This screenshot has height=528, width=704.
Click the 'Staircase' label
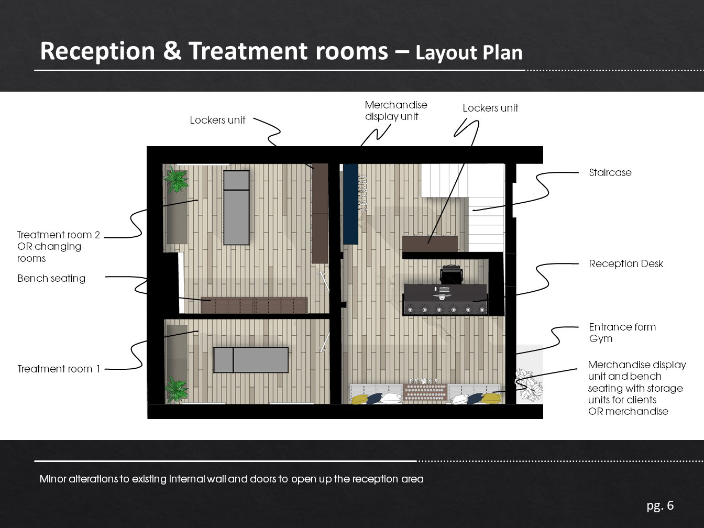(610, 172)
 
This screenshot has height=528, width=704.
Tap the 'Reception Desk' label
(626, 263)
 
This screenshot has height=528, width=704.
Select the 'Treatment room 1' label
(59, 369)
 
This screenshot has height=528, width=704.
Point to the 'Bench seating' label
(51, 278)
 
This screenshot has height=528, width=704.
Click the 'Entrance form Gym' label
(622, 333)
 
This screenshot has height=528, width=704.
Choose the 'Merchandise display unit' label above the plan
(396, 111)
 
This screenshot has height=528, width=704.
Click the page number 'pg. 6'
(660, 505)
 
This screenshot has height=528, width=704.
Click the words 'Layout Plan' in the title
(469, 53)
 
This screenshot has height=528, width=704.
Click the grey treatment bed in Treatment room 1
(251, 360)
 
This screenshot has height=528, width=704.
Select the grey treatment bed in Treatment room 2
(236, 208)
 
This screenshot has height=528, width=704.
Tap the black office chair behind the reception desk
(452, 274)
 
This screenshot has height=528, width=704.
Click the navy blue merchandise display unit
(350, 204)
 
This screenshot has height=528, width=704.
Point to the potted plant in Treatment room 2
(176, 180)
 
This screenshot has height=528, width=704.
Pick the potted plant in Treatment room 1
(176, 389)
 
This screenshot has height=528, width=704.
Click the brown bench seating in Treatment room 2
(254, 305)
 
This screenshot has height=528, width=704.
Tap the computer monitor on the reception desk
(444, 290)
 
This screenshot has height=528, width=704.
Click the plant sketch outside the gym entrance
(529, 384)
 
